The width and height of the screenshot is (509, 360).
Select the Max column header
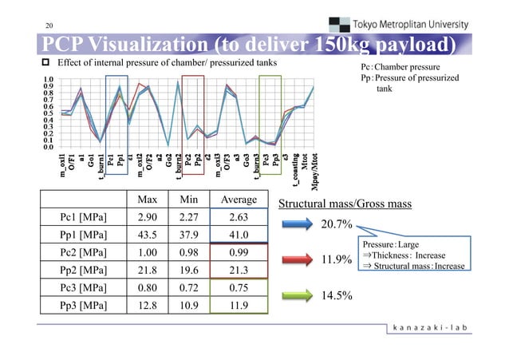[146, 199]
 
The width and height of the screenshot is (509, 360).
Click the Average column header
[235, 199]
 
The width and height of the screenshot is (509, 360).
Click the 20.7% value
[337, 226]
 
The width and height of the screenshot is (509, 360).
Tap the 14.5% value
[337, 295]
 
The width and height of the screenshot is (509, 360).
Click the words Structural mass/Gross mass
[344, 204]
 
